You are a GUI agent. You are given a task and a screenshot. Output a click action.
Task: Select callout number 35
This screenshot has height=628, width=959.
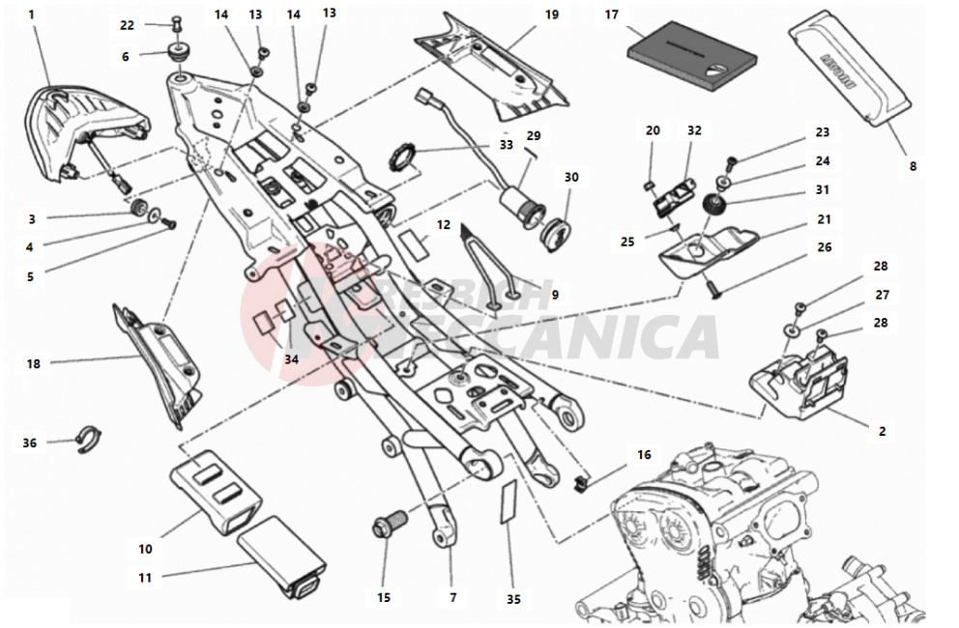click(x=513, y=600)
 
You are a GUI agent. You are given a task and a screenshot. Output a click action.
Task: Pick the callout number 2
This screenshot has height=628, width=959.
click(x=882, y=432)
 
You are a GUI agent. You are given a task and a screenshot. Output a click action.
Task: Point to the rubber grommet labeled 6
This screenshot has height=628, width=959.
click(x=177, y=50)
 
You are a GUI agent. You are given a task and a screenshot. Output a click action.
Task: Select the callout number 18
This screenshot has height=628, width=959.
click(x=34, y=364)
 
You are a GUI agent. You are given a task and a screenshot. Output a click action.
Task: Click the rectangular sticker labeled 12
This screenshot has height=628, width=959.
click(x=416, y=242)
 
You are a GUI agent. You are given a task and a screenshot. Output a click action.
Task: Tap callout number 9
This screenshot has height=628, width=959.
click(x=555, y=294)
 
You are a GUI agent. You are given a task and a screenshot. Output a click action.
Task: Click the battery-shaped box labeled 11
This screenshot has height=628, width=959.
click(x=283, y=555)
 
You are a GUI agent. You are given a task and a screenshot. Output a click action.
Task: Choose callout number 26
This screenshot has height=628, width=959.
click(x=824, y=247)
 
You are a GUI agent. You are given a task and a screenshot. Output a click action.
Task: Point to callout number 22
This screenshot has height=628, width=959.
click(x=128, y=25)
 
